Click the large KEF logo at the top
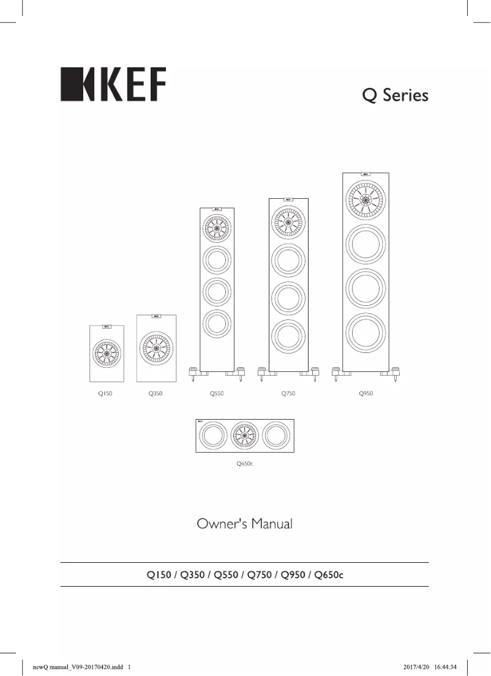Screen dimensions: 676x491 [113, 84]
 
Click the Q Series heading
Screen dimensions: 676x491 [394, 95]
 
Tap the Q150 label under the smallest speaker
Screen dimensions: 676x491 [105, 394]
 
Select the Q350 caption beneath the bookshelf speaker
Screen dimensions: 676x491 [155, 394]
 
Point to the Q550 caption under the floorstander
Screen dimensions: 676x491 [217, 394]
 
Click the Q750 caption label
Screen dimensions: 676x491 [288, 394]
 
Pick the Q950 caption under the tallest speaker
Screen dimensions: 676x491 [365, 394]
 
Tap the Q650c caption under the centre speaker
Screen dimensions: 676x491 [245, 464]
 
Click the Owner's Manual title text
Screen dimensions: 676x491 [244, 524]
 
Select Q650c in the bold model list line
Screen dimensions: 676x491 [329, 574]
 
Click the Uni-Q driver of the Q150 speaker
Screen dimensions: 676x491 [107, 353]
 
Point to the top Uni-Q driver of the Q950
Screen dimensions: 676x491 [365, 199]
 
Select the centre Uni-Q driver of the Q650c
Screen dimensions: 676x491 [245, 436]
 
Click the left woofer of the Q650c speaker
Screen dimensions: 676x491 [211, 436]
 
